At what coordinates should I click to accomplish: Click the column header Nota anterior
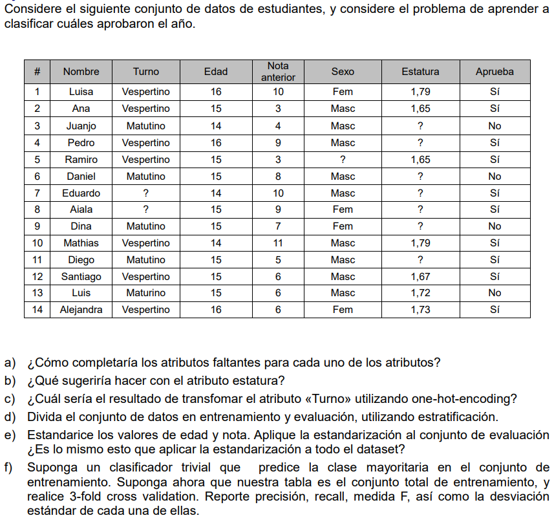pos(278,72)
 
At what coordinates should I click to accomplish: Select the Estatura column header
pos(420,72)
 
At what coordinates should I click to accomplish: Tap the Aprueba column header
pos(495,72)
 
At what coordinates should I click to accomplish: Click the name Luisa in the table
pos(81,92)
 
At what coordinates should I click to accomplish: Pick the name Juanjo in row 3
pos(81,126)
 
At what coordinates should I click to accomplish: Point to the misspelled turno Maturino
pos(146,293)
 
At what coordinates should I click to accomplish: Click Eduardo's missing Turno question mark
pos(146,193)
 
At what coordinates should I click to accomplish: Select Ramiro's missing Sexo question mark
pos(343,160)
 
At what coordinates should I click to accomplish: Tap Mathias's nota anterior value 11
pos(278,243)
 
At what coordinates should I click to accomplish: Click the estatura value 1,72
pos(420,293)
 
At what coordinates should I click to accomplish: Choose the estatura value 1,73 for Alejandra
pos(420,310)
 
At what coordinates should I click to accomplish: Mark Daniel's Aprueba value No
pos(495,176)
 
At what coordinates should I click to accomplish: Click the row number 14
pos(37,310)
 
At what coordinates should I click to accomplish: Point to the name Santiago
pos(81,277)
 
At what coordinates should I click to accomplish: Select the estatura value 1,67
pos(420,277)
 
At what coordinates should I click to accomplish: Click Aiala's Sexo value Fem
pos(343,210)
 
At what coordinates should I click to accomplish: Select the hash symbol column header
pos(37,72)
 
